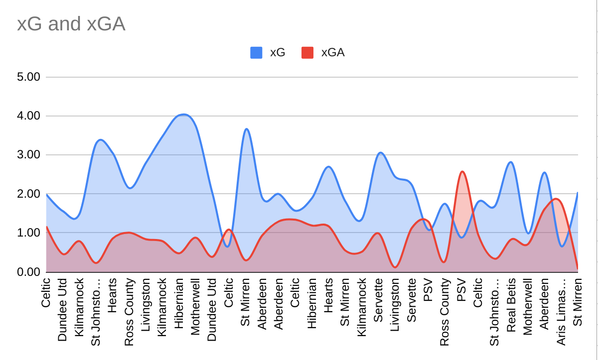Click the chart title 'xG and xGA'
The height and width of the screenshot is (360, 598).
pos(71,24)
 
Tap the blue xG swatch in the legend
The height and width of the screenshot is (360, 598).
pos(256,52)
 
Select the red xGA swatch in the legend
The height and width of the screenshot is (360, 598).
pos(307,52)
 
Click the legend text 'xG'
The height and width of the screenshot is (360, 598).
pos(277,52)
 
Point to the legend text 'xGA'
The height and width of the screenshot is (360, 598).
pos(332,52)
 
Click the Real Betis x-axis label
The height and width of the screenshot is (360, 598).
pos(511,304)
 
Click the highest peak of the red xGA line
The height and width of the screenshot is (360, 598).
pos(462,172)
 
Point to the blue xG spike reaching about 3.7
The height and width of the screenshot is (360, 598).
pos(247,129)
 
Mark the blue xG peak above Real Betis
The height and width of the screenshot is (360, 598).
pos(511,162)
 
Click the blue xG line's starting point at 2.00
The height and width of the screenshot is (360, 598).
pos(47,194)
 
